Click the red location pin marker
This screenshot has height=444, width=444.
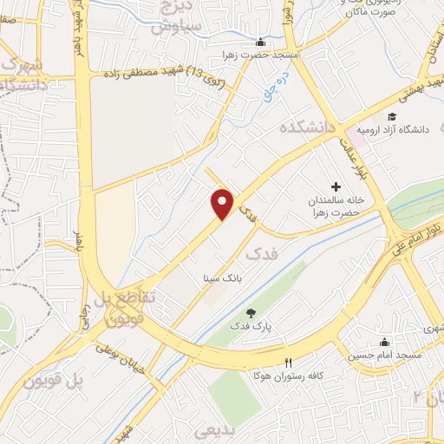[x=224, y=204]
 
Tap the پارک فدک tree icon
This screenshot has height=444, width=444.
[x=251, y=313]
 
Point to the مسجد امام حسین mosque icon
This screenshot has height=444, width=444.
[x=384, y=341]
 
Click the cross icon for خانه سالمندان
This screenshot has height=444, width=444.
[x=336, y=186]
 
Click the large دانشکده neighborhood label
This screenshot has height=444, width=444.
[x=308, y=127]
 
